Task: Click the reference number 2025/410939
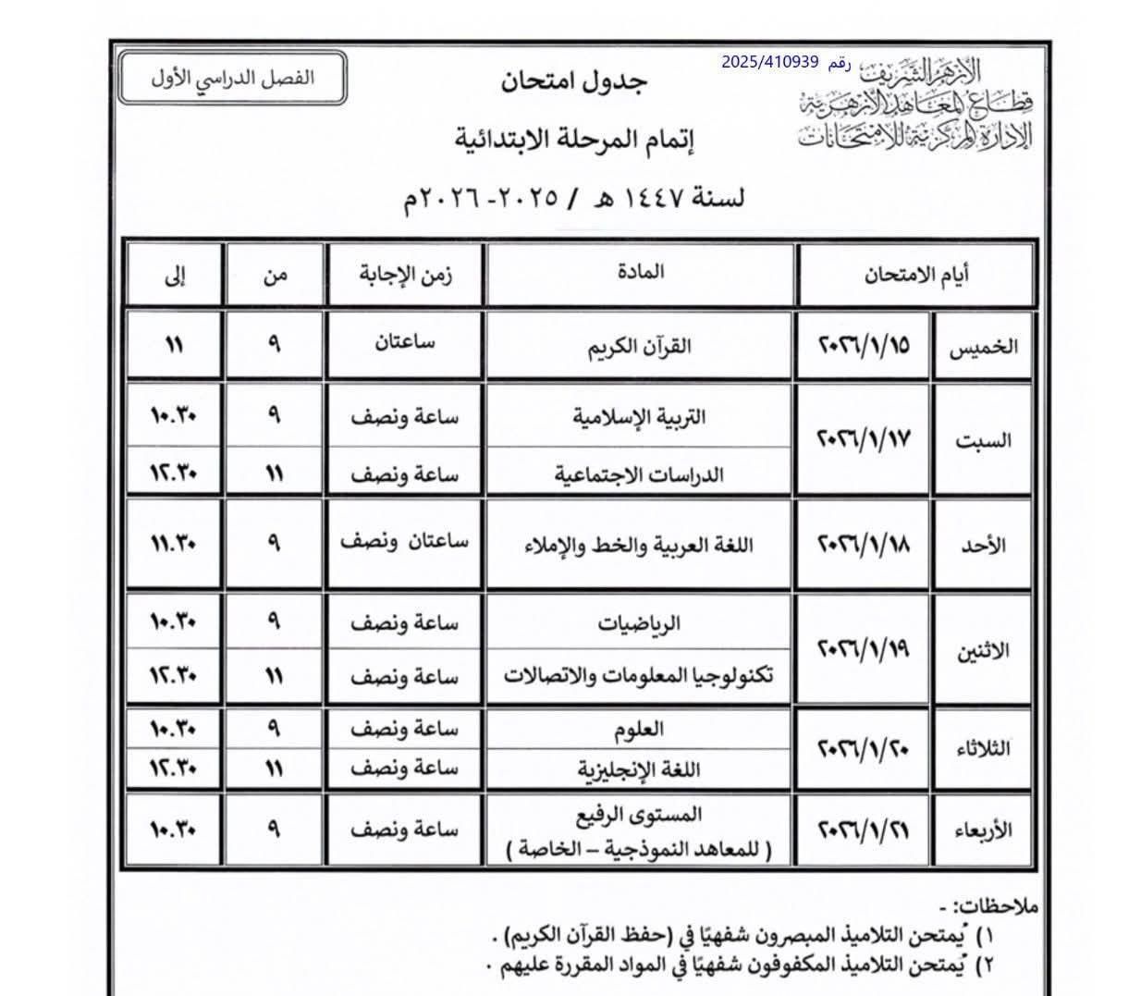[x=771, y=62]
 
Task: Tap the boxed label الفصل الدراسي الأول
[x=233, y=78]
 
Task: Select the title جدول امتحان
[x=575, y=81]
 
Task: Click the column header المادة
[x=639, y=272]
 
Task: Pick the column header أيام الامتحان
[x=916, y=274]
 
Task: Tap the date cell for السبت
[x=865, y=439]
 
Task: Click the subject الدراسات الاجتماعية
[x=639, y=474]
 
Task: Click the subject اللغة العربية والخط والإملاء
[x=639, y=545]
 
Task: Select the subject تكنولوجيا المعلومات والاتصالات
[x=639, y=676]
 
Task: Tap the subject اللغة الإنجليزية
[x=639, y=769]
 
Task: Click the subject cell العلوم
[x=639, y=730]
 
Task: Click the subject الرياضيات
[x=639, y=623]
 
